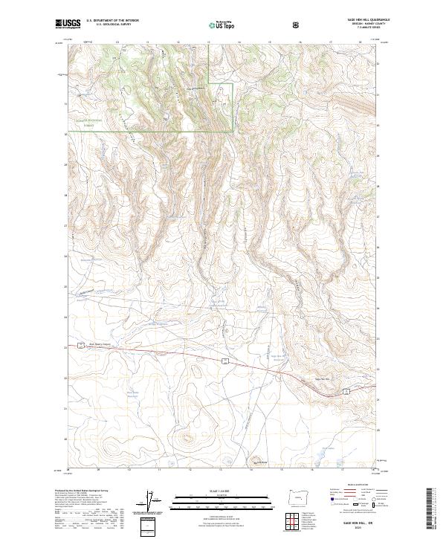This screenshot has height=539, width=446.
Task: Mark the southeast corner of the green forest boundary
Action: point(233,132)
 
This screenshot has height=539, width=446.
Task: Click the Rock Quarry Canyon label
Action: point(88,344)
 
